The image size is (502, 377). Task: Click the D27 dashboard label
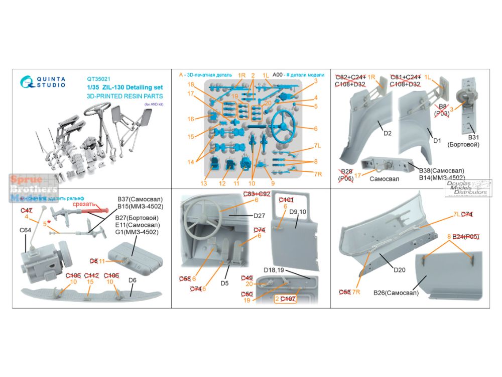[259, 216]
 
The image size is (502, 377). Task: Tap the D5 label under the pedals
[224, 283]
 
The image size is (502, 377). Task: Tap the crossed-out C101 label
[286, 199]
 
